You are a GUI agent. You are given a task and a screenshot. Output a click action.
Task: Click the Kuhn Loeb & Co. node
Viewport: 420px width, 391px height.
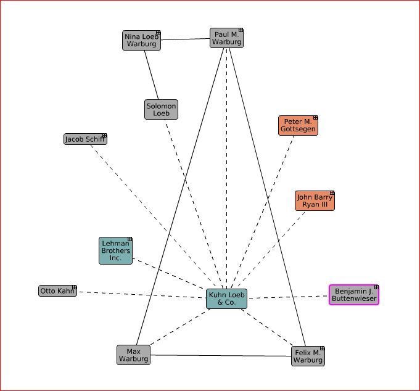tap(226, 299)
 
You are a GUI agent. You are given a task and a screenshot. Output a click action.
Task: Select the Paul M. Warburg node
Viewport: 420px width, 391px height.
tap(226, 38)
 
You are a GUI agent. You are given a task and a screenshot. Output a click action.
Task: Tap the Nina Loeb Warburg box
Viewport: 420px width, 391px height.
tap(141, 40)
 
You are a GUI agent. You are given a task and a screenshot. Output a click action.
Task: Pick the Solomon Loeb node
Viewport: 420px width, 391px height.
tap(161, 109)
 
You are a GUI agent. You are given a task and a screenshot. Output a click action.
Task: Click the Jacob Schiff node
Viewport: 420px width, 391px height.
tap(85, 139)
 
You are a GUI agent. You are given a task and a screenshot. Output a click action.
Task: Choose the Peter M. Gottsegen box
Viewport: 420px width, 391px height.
tap(298, 125)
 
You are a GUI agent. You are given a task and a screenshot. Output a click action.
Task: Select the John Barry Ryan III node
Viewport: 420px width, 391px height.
tap(315, 201)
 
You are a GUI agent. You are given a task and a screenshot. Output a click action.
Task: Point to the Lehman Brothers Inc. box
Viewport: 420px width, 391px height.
tap(115, 251)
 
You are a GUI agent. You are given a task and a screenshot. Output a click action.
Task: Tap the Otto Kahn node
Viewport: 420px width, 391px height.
tap(57, 290)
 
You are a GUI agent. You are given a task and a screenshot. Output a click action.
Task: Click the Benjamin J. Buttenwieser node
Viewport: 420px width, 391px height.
tap(353, 295)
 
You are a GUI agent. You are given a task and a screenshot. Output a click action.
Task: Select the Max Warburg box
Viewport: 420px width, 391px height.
tap(133, 355)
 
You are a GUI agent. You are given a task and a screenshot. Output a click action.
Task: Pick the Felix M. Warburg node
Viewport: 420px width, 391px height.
tap(308, 356)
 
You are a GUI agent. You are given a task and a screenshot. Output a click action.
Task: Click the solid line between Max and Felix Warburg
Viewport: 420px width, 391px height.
tap(220, 355)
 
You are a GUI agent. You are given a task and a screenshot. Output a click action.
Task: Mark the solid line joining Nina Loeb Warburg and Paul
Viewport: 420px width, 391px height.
tap(185, 39)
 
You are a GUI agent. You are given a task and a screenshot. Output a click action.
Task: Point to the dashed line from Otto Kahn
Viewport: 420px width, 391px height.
tap(142, 295)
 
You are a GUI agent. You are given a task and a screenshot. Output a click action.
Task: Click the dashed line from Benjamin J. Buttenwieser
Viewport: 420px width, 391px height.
tap(288, 297)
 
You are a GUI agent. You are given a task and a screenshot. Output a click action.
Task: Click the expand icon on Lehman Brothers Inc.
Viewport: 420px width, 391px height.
tap(130, 239)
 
